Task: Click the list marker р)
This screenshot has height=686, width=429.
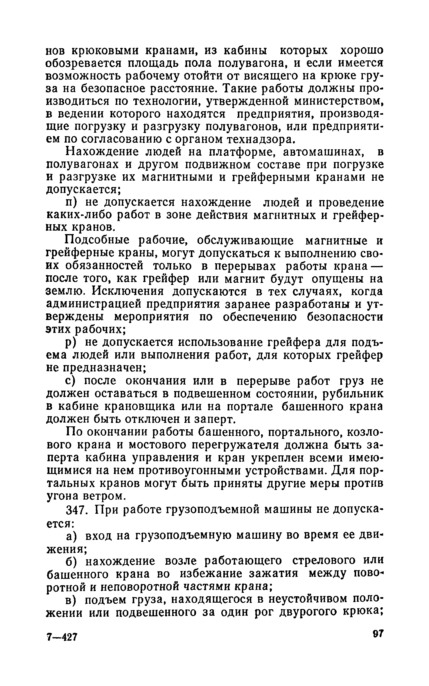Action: click(x=71, y=343)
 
